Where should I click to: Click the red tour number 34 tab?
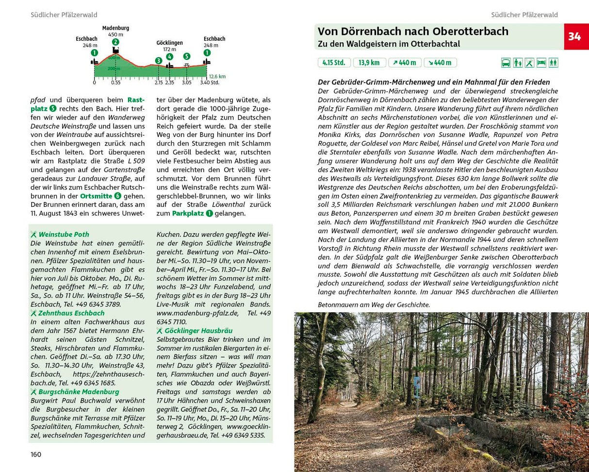click(576, 36)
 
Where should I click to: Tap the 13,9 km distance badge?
click(370, 63)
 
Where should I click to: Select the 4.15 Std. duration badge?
click(334, 63)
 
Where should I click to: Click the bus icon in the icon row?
click(506, 63)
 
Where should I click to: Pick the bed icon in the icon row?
click(541, 63)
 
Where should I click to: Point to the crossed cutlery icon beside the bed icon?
click(529, 63)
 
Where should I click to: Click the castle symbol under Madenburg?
click(115, 50)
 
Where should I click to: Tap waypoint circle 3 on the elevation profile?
click(158, 60)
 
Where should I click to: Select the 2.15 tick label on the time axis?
click(158, 83)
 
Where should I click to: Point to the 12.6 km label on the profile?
click(217, 76)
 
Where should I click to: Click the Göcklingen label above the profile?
click(169, 43)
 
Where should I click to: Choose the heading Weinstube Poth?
click(64, 234)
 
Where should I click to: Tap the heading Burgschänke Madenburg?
click(79, 392)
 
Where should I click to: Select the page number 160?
click(36, 455)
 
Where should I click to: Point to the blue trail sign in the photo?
click(417, 388)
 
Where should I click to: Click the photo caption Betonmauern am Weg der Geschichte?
click(374, 305)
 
